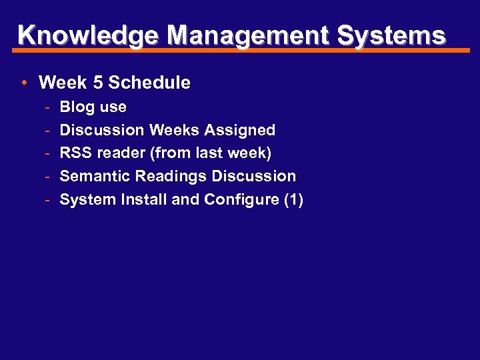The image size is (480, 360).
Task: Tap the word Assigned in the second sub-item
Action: [x=245, y=130]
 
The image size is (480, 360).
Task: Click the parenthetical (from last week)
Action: [x=211, y=153]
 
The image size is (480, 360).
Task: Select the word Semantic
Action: [x=95, y=177]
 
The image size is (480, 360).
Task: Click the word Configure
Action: [x=241, y=200]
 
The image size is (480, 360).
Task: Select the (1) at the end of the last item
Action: [x=293, y=200]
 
